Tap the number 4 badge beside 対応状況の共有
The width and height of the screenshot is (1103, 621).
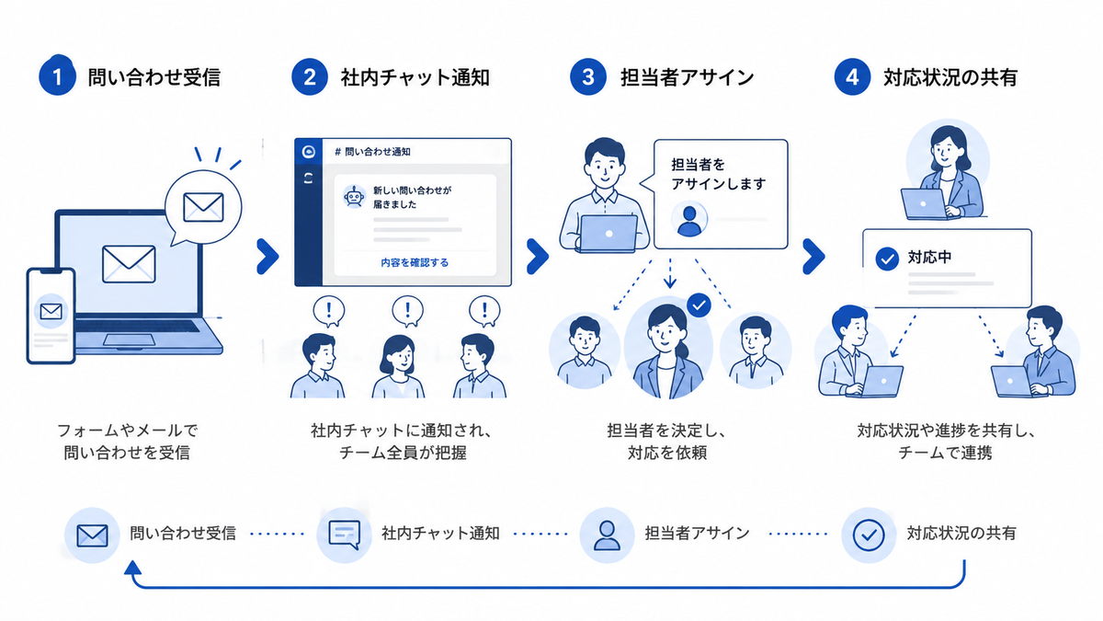(x=852, y=77)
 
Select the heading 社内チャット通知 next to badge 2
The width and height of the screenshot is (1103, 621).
(x=415, y=77)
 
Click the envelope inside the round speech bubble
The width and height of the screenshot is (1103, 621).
(x=203, y=207)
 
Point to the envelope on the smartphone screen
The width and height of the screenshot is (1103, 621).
(x=51, y=312)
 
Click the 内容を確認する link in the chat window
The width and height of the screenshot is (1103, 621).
(x=415, y=263)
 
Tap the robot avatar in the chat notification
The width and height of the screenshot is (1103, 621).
(x=354, y=197)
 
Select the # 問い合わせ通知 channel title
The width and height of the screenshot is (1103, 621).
(x=373, y=152)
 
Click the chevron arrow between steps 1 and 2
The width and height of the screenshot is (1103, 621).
(x=267, y=257)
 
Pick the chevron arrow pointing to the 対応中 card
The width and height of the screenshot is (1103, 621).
(x=813, y=257)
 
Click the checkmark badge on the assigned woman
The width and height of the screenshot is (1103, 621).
(x=699, y=305)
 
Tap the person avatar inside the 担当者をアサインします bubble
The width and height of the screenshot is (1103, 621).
(x=689, y=219)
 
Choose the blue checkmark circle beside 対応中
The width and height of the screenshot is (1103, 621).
(x=887, y=259)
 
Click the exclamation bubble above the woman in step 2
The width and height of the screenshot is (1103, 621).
(x=407, y=311)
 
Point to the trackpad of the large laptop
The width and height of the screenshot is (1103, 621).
(x=129, y=340)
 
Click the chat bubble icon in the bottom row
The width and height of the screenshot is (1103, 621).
(x=344, y=535)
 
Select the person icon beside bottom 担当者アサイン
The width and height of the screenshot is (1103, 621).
(x=607, y=535)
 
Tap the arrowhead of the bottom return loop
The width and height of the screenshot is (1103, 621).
(x=133, y=569)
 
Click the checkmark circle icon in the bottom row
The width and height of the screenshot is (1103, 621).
(x=869, y=535)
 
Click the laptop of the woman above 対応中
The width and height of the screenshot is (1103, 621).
(x=924, y=203)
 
